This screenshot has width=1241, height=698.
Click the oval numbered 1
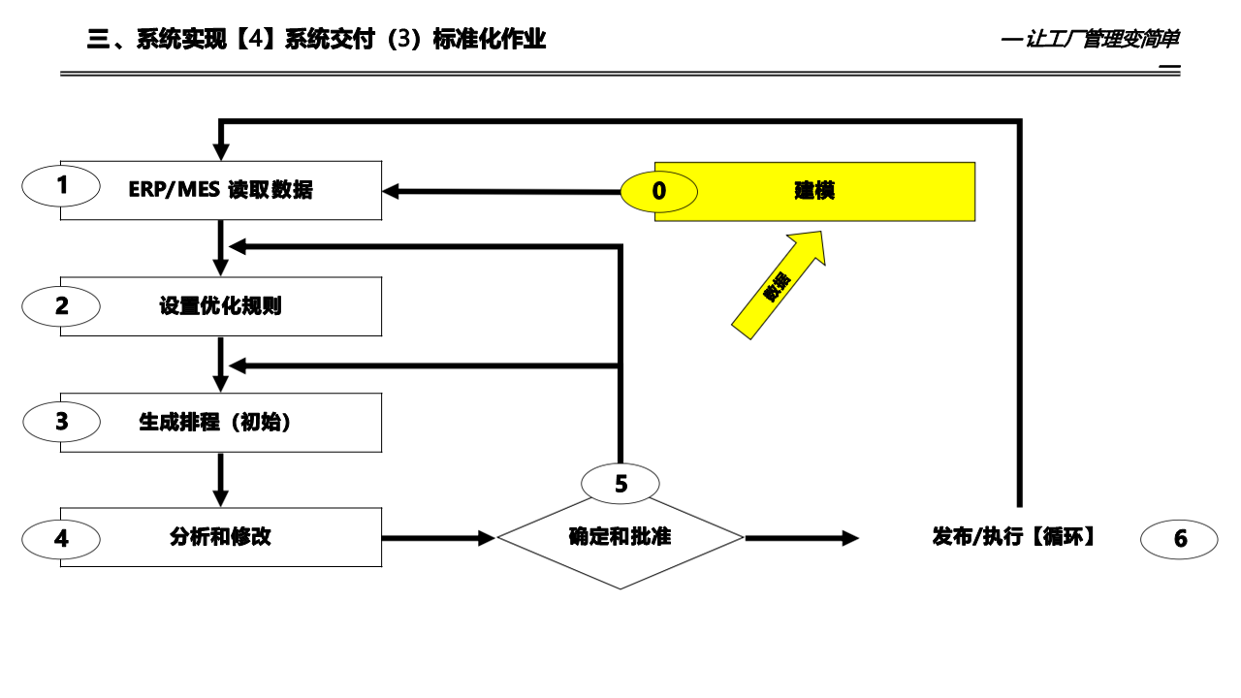(61, 186)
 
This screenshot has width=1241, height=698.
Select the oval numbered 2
(61, 306)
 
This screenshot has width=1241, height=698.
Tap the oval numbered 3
(61, 422)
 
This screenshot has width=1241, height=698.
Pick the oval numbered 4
(61, 539)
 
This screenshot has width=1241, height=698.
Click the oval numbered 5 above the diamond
(620, 484)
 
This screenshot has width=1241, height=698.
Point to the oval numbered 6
(1179, 539)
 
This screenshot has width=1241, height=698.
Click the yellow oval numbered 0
(659, 191)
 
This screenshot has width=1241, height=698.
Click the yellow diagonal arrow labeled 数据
(778, 285)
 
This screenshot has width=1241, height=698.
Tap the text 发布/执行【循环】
(1014, 537)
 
